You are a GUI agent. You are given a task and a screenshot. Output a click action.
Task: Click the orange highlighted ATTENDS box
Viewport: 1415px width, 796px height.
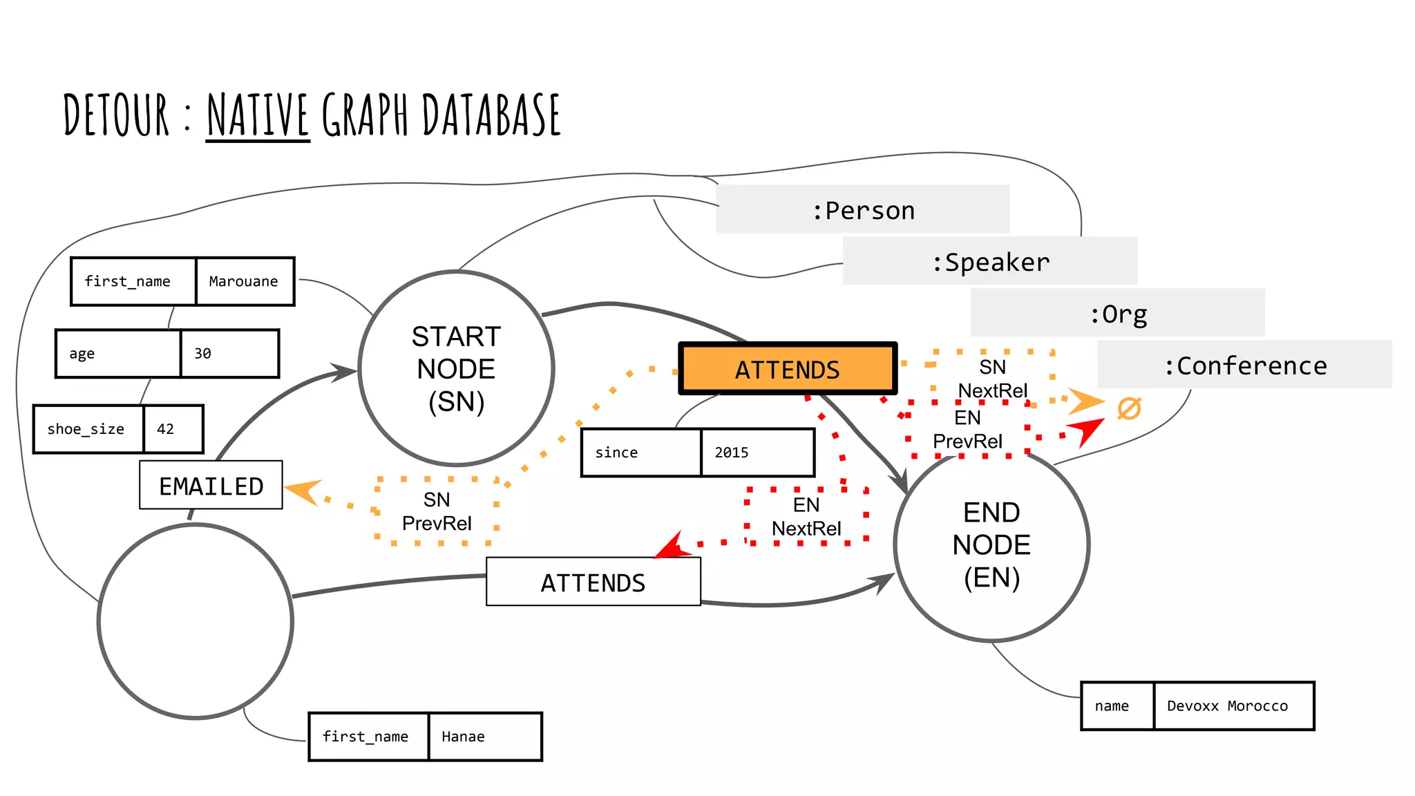point(788,369)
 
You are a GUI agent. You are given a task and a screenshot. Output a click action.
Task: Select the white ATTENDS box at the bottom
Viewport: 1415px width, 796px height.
point(593,582)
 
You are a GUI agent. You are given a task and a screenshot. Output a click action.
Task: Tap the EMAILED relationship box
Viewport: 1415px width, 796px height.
point(211,485)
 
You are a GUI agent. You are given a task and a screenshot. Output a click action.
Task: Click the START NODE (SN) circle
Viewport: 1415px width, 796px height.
point(456,368)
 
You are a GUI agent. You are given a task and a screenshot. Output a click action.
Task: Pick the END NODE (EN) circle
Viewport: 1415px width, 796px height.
point(991,544)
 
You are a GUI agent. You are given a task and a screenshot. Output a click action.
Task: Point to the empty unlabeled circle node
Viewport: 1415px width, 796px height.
point(196,621)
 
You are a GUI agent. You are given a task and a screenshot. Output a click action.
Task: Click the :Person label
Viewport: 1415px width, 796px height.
point(862,209)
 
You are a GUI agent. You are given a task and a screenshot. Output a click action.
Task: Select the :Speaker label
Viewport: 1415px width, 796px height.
point(989,261)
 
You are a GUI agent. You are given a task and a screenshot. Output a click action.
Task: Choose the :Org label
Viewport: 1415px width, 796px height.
point(1117,313)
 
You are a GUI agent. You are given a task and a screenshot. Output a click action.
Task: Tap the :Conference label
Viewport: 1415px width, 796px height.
point(1244,365)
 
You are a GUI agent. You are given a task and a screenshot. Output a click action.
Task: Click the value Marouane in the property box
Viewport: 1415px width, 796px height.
point(244,281)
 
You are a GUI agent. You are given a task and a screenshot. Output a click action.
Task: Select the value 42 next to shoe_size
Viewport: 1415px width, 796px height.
point(166,428)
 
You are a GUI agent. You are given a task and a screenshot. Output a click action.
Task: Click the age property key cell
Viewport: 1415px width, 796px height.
point(118,354)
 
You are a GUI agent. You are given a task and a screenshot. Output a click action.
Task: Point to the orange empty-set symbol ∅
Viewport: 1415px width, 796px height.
point(1129,408)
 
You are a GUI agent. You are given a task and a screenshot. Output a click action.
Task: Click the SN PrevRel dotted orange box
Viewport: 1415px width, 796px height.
point(437,511)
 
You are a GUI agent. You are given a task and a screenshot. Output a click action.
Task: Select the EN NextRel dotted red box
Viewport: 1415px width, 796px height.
point(806,516)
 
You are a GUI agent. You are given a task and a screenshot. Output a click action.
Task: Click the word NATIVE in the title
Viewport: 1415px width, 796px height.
point(258,115)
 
